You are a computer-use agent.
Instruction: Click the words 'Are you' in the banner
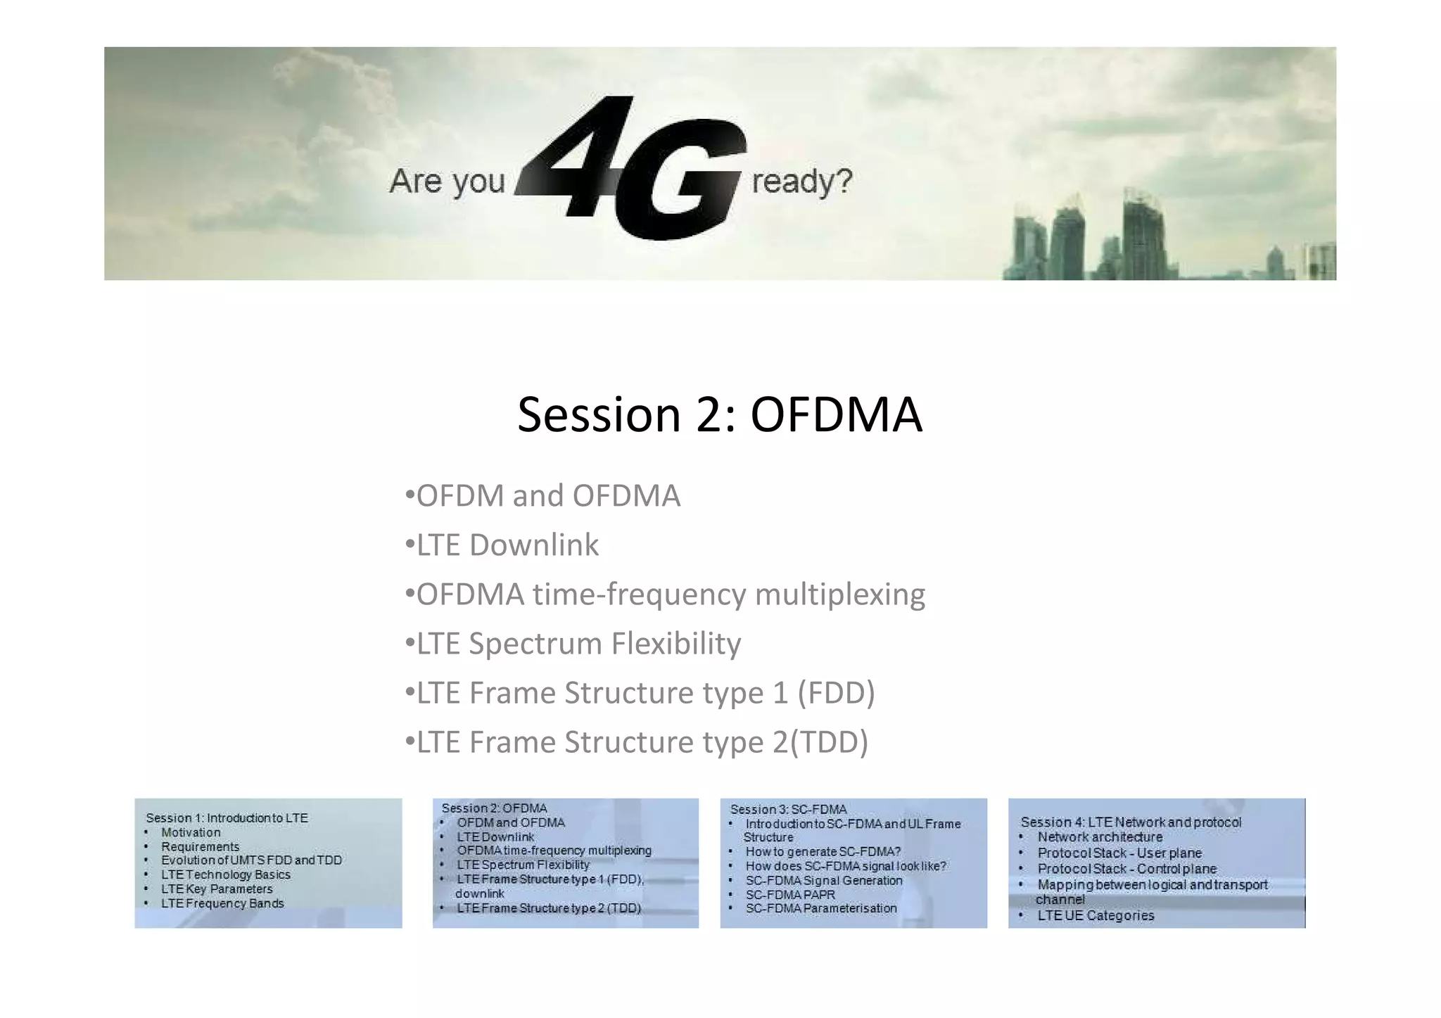click(447, 182)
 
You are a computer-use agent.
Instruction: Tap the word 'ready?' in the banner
click(801, 182)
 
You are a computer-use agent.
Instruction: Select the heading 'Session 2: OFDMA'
click(719, 414)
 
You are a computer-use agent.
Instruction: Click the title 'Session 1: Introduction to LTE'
click(227, 818)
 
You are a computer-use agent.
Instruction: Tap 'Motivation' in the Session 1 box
click(191, 832)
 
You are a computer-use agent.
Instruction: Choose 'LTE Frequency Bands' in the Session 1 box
click(222, 903)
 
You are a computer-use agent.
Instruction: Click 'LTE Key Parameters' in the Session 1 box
click(217, 889)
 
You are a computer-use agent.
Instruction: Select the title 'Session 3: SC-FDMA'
click(788, 810)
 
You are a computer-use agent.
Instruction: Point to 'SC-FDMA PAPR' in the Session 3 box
click(790, 895)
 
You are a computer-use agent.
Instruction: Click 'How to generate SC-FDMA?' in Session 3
click(823, 852)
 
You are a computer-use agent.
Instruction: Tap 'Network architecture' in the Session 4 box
click(1100, 837)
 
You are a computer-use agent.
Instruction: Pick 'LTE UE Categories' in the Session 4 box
click(1096, 916)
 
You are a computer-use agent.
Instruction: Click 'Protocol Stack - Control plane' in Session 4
click(1126, 869)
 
